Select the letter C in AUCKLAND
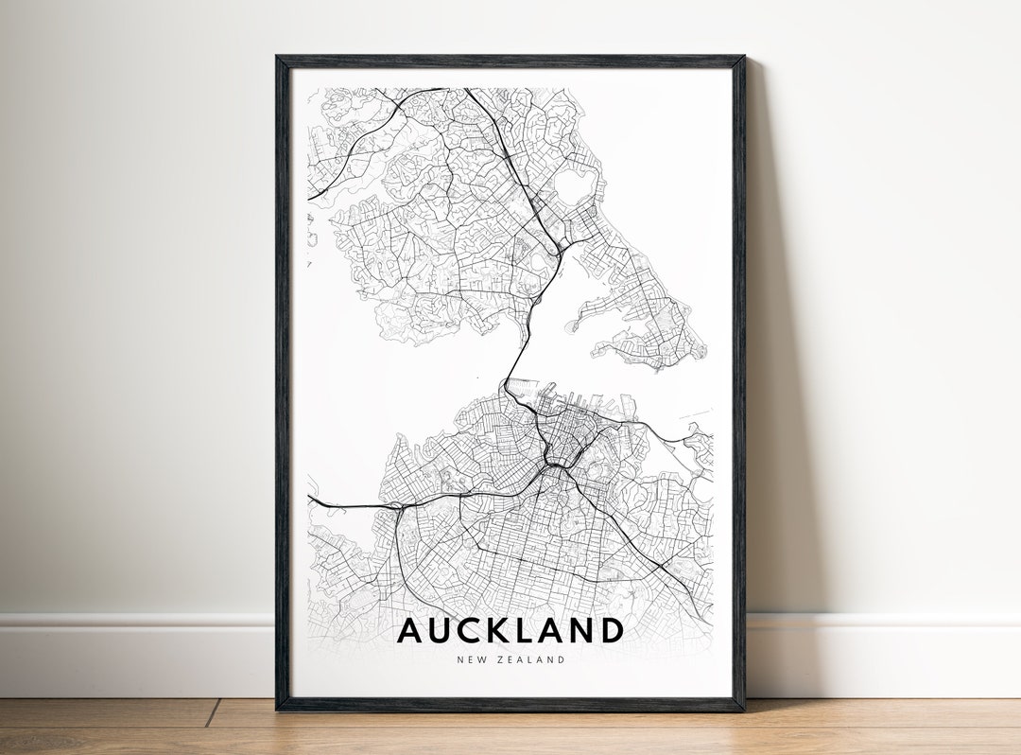point(475,630)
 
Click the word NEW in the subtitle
point(470,659)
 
